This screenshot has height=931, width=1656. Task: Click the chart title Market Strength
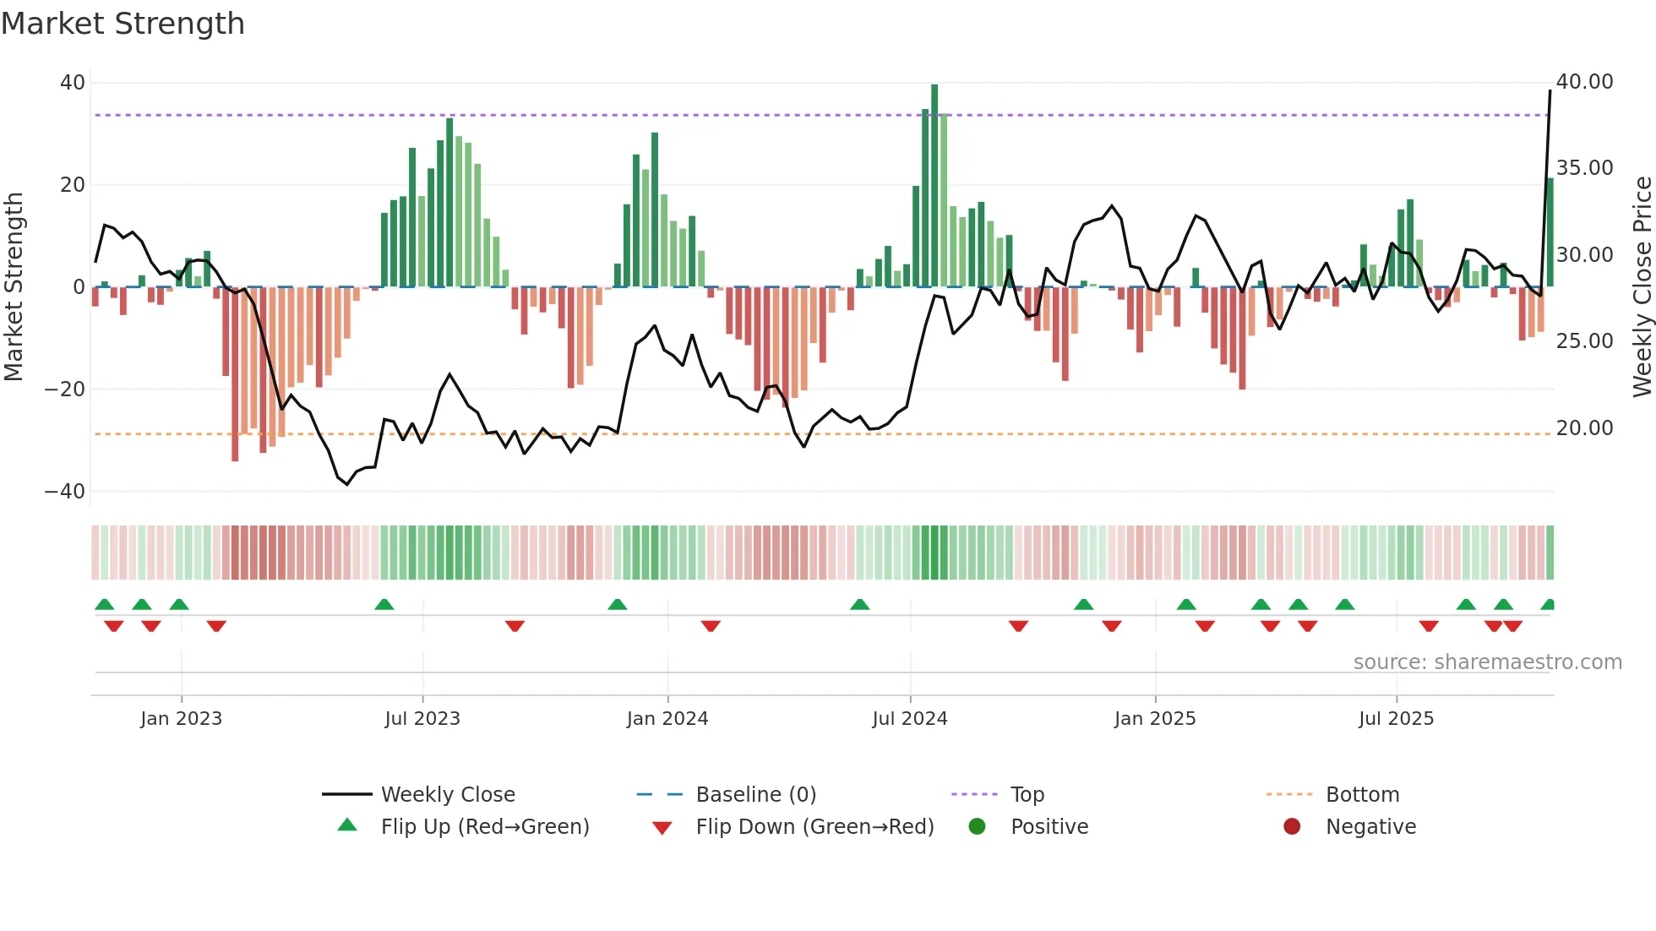click(x=123, y=24)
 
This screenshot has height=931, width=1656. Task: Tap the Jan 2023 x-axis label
click(x=181, y=719)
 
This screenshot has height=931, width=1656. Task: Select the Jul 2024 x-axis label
click(x=909, y=719)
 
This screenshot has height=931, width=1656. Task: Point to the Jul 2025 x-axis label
click(x=1396, y=719)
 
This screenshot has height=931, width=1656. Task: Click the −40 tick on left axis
click(x=65, y=492)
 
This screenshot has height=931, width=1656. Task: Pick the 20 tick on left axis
click(x=72, y=185)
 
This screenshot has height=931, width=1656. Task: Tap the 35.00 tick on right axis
click(x=1584, y=168)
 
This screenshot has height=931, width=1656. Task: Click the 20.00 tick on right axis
click(x=1584, y=428)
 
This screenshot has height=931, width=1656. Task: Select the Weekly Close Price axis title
click(x=1642, y=287)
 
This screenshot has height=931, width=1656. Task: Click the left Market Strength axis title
click(x=14, y=287)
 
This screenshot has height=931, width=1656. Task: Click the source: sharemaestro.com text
click(x=1487, y=662)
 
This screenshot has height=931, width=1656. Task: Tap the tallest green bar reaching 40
click(x=934, y=186)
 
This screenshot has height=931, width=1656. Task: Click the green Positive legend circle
click(x=977, y=827)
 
